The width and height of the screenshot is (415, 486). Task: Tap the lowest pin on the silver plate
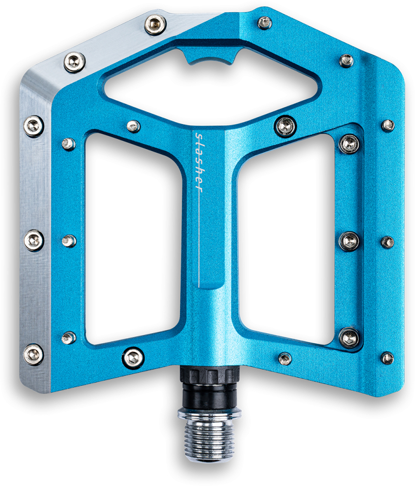34,354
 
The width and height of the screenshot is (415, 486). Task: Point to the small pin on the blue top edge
264,22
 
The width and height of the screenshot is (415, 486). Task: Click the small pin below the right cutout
285,358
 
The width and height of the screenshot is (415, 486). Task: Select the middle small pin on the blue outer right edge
388,242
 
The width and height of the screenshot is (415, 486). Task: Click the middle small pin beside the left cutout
69,241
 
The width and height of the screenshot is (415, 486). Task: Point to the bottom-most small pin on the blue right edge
388,358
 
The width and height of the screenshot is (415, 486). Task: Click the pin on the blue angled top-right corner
346,61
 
